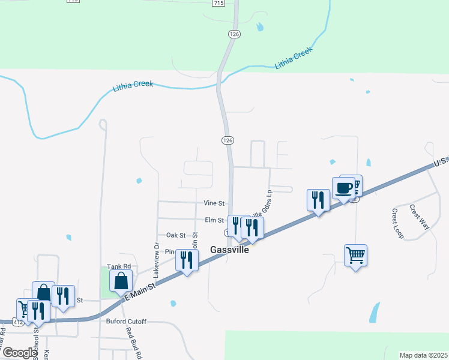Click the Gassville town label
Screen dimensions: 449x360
[228, 250]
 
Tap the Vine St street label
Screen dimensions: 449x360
[214, 203]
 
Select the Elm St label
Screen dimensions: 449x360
[214, 220]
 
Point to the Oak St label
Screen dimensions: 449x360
[176, 235]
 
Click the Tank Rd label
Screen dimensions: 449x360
[118, 266]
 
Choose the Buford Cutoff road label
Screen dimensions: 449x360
[127, 322]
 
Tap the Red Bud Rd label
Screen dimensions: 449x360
[133, 342]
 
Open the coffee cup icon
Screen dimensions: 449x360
[343, 188]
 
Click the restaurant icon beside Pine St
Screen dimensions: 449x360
[187, 260]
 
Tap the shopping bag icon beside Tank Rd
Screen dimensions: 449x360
[121, 280]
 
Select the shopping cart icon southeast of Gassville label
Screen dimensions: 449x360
[356, 255]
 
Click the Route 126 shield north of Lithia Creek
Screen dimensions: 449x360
[234, 35]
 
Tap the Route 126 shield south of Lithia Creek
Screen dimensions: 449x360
[226, 140]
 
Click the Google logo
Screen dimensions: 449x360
[20, 353]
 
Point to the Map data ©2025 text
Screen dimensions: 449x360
[423, 355]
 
